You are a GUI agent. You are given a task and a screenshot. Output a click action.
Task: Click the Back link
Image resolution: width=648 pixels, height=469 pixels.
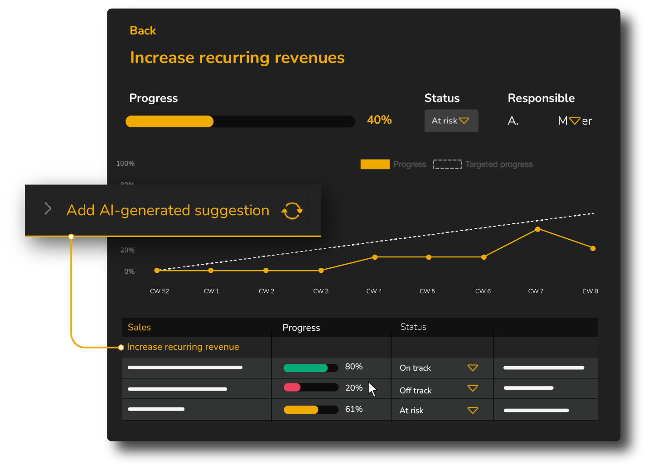[x=143, y=31]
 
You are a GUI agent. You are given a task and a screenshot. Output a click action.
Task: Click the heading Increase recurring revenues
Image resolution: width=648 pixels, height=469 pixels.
[x=237, y=58]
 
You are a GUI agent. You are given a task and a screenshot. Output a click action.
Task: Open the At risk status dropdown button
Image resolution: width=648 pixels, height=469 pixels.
[x=451, y=121]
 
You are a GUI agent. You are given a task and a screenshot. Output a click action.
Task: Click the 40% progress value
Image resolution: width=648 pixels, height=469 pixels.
[x=379, y=120]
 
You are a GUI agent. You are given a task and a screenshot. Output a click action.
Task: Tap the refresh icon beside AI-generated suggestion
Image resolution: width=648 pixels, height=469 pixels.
[x=292, y=211]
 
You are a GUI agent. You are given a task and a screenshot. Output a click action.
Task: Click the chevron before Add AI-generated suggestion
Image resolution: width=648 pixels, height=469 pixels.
[x=48, y=208]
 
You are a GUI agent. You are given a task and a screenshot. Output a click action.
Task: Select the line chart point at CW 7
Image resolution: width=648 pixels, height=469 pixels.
[x=538, y=229]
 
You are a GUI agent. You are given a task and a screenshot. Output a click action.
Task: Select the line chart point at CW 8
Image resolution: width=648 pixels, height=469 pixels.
[x=593, y=248]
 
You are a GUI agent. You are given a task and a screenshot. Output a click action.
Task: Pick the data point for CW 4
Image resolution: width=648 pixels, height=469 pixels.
[x=375, y=257]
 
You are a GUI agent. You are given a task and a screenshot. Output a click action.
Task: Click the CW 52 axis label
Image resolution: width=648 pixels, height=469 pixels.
[x=160, y=291]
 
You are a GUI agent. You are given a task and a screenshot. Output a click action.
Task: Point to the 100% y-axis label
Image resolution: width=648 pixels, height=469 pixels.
[x=126, y=164]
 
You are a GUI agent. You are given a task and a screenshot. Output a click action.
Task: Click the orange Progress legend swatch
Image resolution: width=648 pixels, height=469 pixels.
[x=375, y=164]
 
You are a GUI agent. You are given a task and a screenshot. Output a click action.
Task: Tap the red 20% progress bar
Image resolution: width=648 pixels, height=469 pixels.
[x=292, y=387]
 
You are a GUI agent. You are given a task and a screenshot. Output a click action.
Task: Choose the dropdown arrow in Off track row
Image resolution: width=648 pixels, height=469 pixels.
[x=473, y=388]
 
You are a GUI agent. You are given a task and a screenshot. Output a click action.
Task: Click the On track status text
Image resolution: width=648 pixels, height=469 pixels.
[x=415, y=368]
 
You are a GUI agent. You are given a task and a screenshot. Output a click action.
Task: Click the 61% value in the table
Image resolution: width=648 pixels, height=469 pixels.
[x=354, y=409]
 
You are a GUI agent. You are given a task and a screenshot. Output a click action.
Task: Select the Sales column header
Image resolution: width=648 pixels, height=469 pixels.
[x=139, y=327]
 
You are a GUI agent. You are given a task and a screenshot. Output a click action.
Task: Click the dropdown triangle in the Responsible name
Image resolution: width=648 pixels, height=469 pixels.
[x=575, y=121]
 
